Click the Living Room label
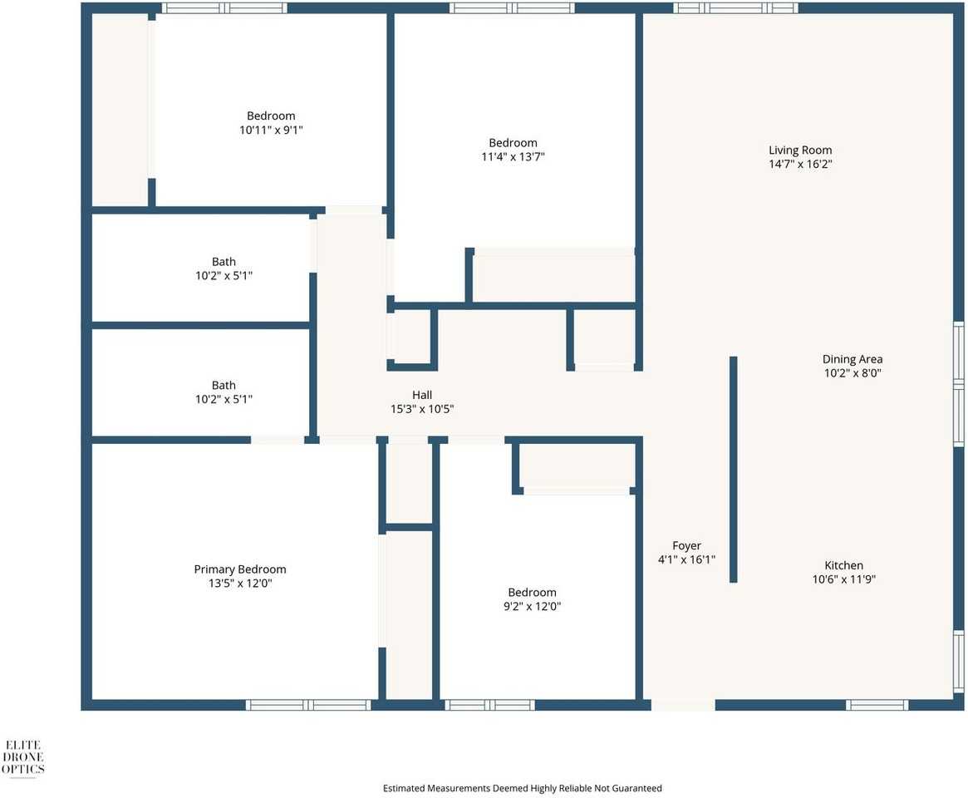799,150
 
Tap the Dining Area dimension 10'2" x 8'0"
852,373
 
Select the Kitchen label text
843,565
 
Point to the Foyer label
686,546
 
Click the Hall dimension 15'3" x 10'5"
422,409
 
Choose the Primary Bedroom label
239,569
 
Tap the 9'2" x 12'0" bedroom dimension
532,606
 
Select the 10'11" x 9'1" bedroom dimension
270,130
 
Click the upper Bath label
224,262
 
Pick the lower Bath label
224,385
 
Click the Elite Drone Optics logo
24,757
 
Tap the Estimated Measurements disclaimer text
522,788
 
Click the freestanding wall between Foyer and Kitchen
733,470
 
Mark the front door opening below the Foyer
682,705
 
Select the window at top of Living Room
735,8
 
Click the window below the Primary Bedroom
308,705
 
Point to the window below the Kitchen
877,705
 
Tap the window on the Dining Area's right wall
958,384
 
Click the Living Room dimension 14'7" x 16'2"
799,165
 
